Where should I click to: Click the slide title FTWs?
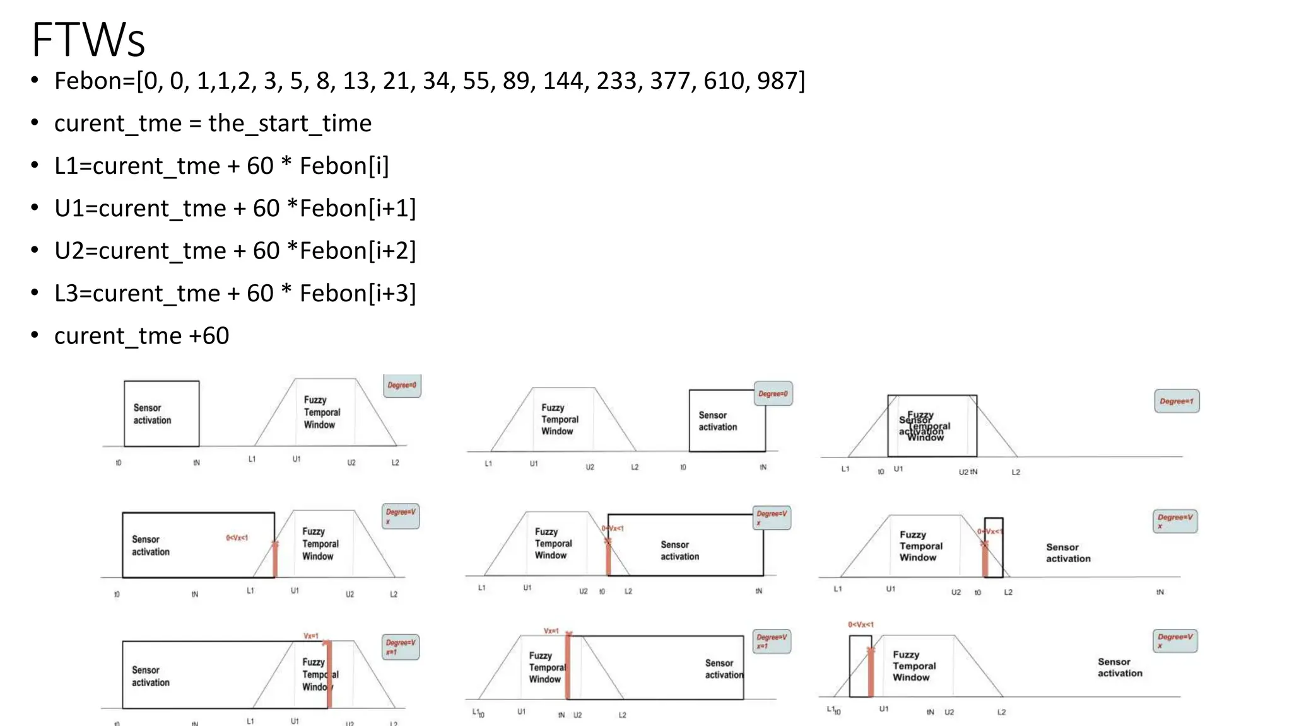point(88,40)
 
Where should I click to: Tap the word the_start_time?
point(290,123)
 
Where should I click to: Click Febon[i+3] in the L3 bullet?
point(357,293)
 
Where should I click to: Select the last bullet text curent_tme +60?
point(141,335)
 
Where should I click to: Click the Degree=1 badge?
point(1176,401)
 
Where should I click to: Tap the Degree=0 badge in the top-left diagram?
point(402,385)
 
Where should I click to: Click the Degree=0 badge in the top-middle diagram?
point(773,394)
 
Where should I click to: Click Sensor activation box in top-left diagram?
point(161,414)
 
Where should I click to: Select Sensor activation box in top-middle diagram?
point(727,420)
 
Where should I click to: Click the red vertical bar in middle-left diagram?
point(275,559)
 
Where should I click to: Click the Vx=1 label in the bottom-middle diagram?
point(551,631)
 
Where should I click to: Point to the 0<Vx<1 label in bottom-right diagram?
point(860,625)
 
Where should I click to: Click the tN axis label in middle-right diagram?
point(1160,592)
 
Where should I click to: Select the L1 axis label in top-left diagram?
point(252,459)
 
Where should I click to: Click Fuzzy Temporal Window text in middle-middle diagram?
point(553,543)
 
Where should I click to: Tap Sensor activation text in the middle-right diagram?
point(1068,553)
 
